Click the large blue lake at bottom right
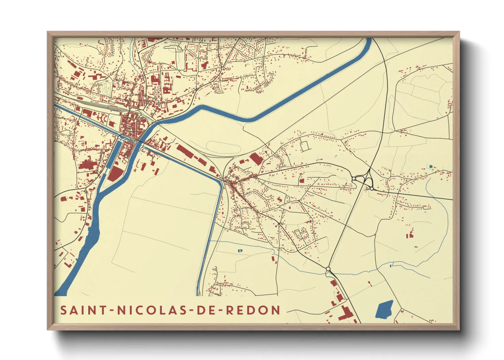(x=384, y=309)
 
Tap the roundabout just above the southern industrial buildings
(x=328, y=269)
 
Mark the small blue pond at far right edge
(x=430, y=166)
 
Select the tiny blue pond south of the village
(x=240, y=251)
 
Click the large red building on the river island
(x=115, y=174)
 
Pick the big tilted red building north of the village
(x=256, y=159)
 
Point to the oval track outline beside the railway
(x=223, y=147)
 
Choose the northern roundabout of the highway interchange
(x=354, y=178)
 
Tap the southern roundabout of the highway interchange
(x=372, y=188)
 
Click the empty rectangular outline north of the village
(x=304, y=146)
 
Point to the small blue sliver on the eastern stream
(x=392, y=264)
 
